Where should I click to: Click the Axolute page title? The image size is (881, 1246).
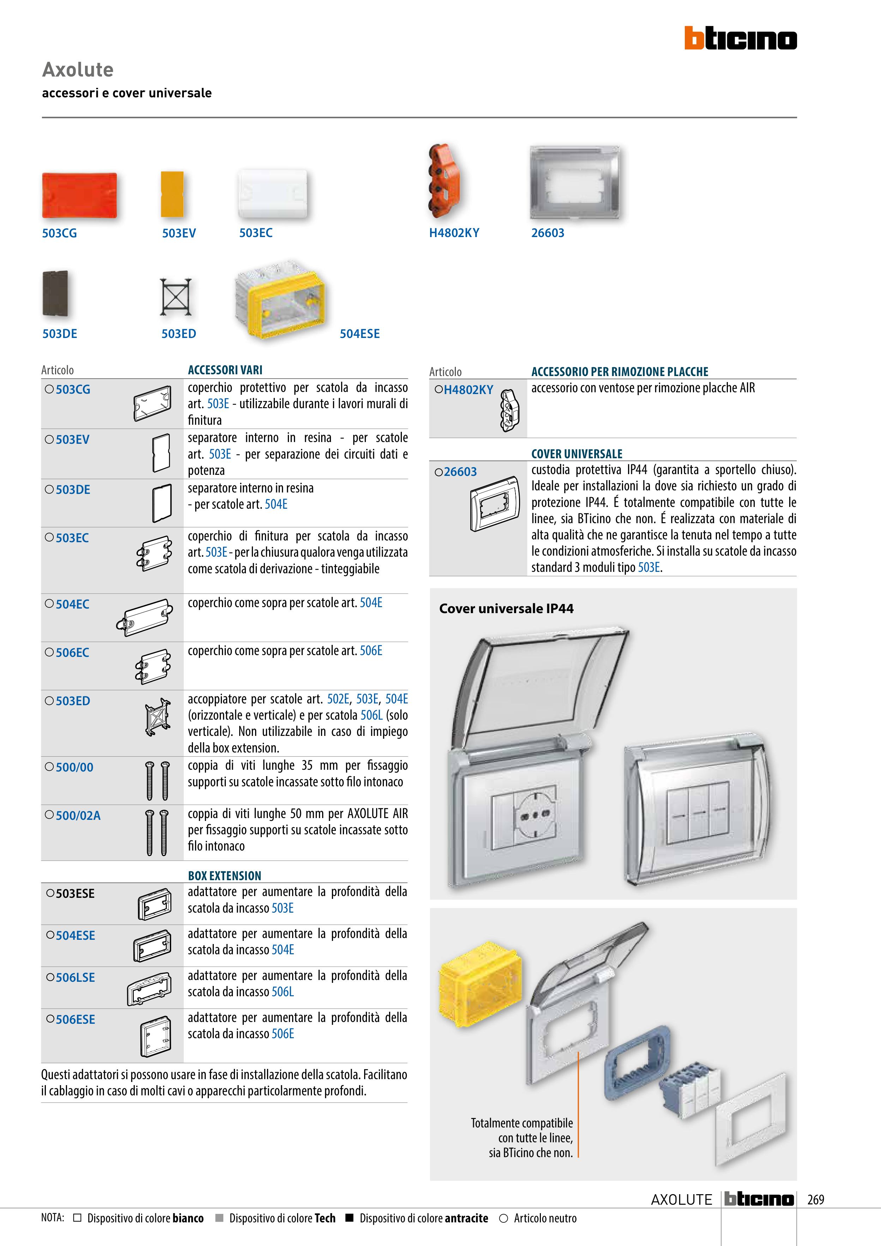[78, 69]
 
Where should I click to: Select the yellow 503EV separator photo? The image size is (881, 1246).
[172, 194]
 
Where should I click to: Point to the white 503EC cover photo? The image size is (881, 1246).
[272, 194]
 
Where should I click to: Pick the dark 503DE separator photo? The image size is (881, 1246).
[55, 294]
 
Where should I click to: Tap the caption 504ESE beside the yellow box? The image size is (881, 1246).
[359, 334]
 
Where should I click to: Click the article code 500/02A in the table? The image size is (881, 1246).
[78, 816]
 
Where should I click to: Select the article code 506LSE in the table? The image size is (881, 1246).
[76, 978]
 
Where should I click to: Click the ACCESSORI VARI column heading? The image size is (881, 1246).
[225, 370]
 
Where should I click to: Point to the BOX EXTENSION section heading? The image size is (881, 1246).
[225, 875]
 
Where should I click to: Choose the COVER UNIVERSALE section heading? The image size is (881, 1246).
[577, 454]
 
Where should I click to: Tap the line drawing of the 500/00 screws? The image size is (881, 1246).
[157, 781]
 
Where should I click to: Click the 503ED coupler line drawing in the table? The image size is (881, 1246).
[157, 716]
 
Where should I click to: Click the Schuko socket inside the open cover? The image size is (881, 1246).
[534, 815]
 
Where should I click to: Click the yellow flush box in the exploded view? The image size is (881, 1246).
[479, 984]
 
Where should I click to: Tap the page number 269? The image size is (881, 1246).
[815, 1199]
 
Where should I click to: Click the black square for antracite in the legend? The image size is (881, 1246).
[350, 1218]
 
